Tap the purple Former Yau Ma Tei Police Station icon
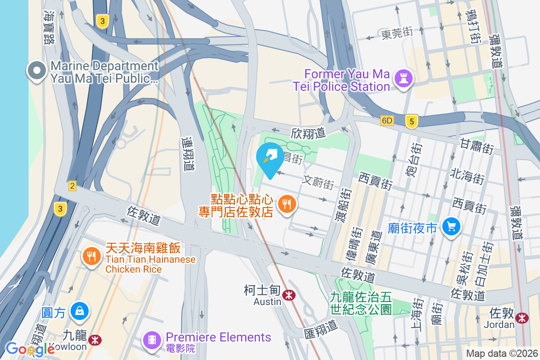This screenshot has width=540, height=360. (x=404, y=79)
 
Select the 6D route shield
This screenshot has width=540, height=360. (x=387, y=121)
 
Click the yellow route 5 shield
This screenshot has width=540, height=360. (x=411, y=121)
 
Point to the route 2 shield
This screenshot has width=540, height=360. (x=72, y=186)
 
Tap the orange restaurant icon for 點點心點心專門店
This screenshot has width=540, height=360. (x=286, y=205)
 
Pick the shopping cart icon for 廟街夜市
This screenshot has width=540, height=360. (x=450, y=226)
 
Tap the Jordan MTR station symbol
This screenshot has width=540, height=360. (x=522, y=318)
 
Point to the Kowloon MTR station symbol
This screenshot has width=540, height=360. (x=94, y=340)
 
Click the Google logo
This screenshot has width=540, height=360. (x=30, y=348)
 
